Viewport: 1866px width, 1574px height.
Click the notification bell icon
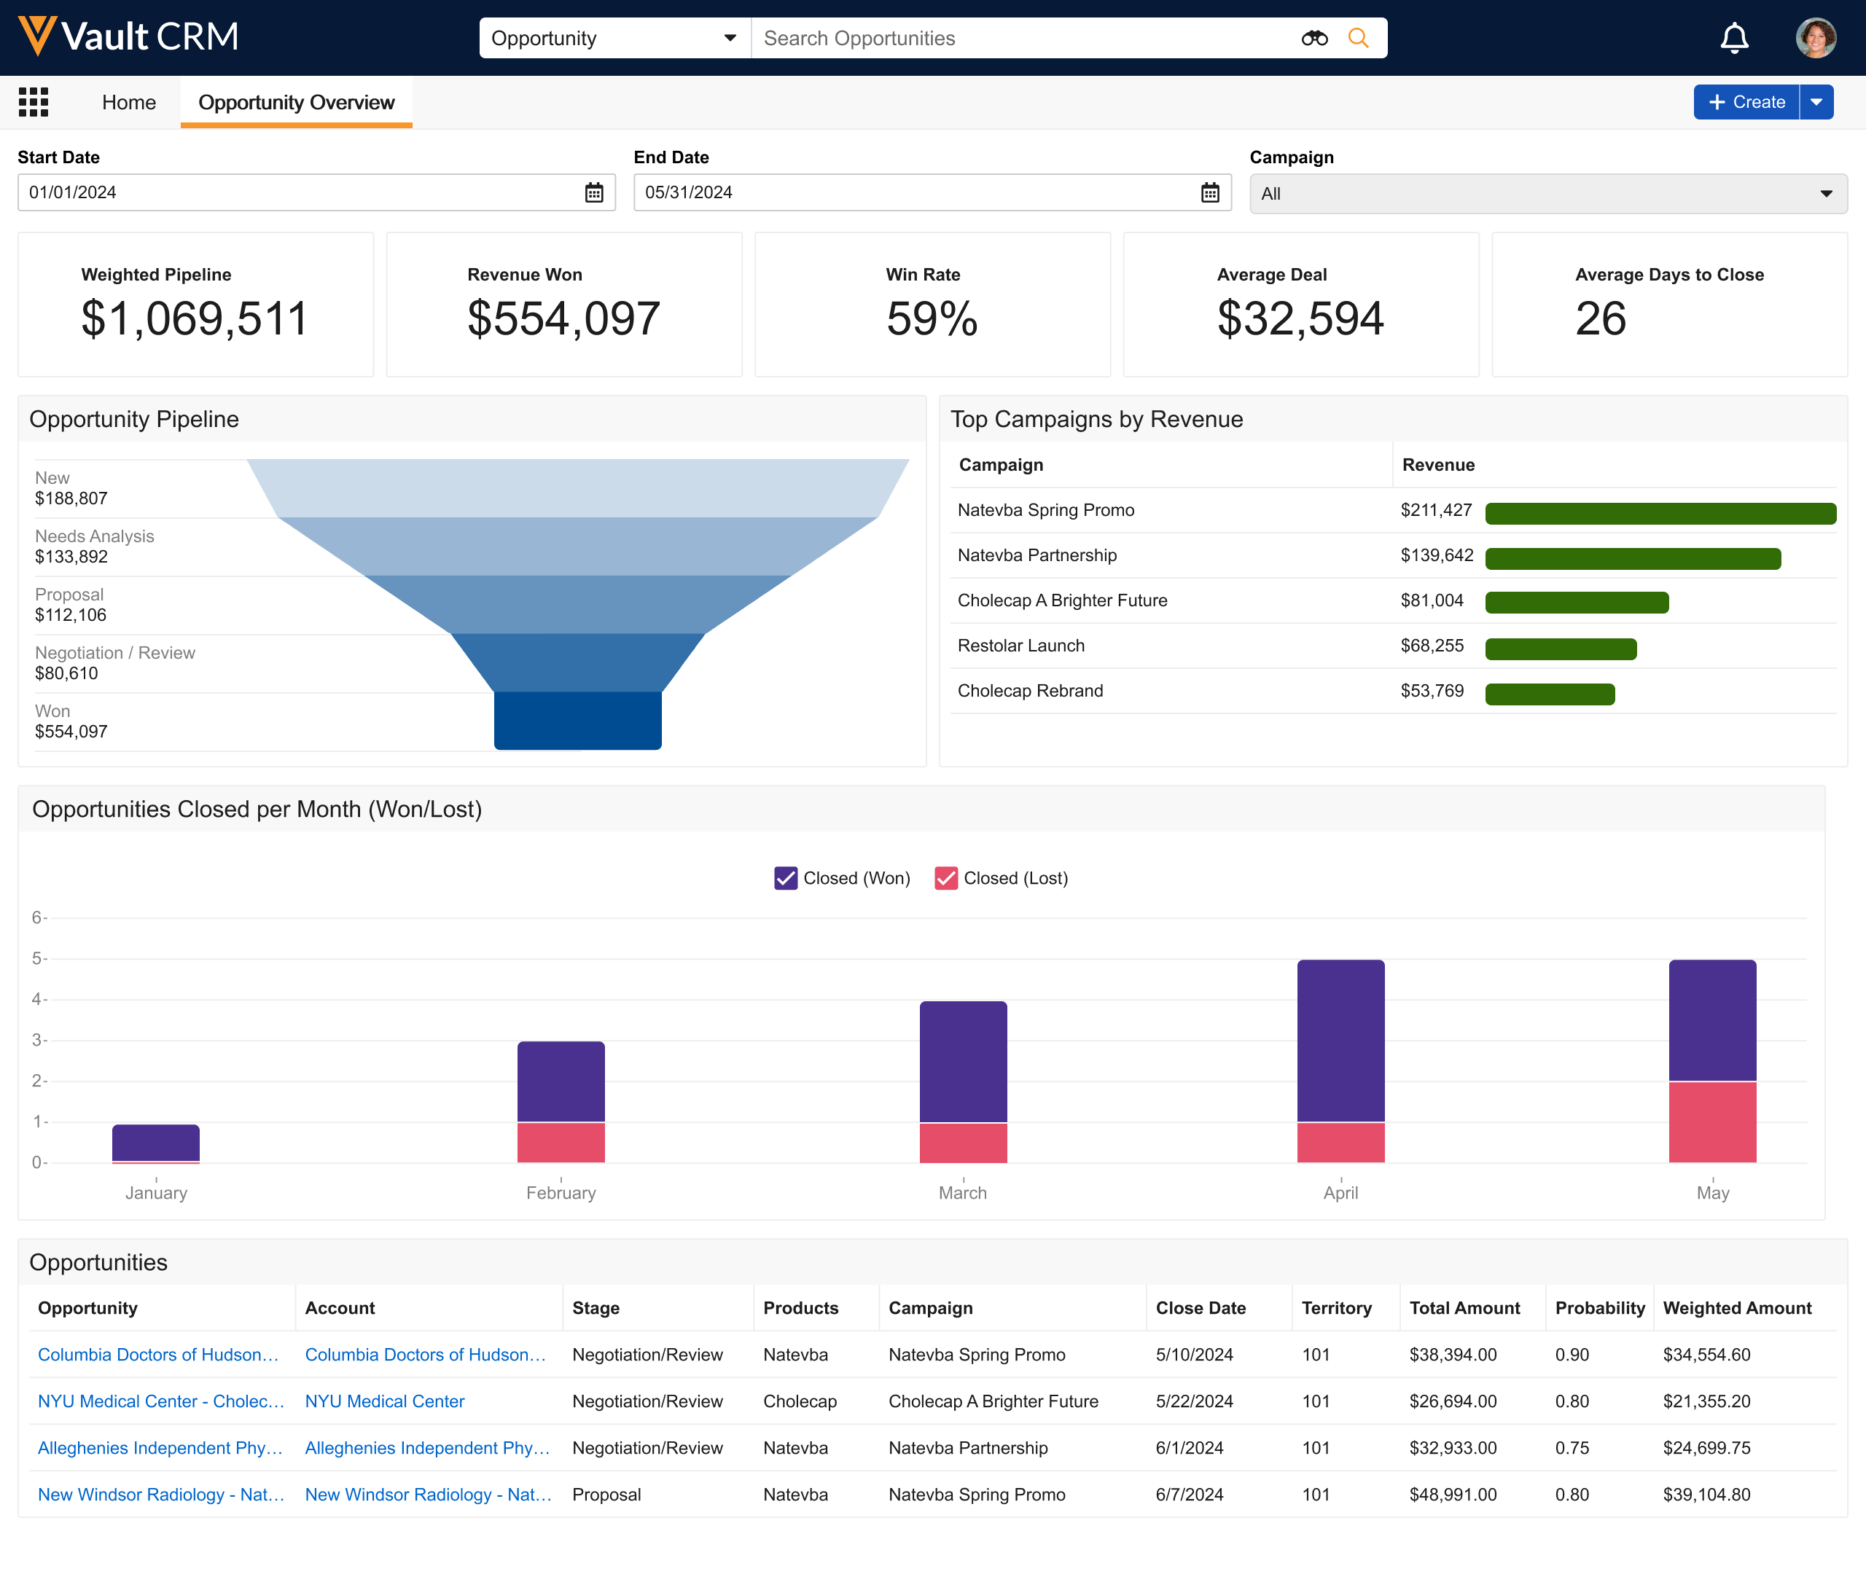click(x=1734, y=39)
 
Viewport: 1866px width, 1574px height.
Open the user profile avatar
click(x=1815, y=39)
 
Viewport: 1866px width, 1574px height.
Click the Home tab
click(x=128, y=103)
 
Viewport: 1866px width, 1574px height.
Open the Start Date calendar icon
click(x=594, y=192)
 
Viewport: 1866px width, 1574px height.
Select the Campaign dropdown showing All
click(x=1547, y=194)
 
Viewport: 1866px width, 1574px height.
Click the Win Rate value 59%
click(x=932, y=318)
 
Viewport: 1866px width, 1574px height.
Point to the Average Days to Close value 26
click(x=1600, y=318)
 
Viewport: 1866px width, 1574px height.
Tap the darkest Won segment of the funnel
click(x=577, y=720)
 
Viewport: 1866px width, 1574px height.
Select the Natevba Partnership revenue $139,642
click(x=1436, y=556)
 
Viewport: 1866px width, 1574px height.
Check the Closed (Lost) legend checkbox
click(x=945, y=878)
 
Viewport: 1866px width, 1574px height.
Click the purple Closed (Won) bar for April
click(x=1340, y=1041)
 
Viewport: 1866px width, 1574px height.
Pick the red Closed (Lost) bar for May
click(x=1711, y=1121)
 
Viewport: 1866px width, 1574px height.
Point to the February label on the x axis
click(x=561, y=1193)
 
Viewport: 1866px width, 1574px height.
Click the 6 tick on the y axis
click(x=37, y=917)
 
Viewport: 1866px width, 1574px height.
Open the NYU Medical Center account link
click(x=385, y=1401)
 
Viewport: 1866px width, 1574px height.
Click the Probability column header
click(x=1599, y=1308)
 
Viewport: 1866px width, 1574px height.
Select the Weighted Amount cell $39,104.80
click(x=1706, y=1495)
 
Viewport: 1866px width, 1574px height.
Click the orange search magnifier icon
click(x=1357, y=39)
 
